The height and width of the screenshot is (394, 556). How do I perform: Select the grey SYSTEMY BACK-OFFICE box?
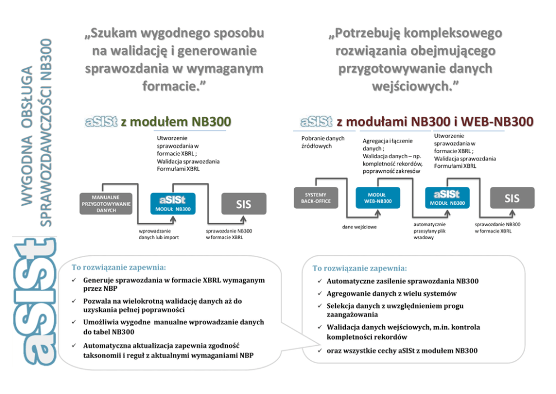coord(316,198)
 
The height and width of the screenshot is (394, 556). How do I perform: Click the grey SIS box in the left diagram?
coord(243,204)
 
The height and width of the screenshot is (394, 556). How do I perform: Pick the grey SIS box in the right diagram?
coord(512,198)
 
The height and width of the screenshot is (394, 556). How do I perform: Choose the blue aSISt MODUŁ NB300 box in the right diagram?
coord(447,198)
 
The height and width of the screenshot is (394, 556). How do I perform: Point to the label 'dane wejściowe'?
coord(359,227)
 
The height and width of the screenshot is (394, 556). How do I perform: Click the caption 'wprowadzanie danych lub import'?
coord(159,233)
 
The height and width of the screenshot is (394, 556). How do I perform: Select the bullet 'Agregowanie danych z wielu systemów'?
coord(391,294)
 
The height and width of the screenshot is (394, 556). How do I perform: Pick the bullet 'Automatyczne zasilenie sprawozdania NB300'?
coord(402,281)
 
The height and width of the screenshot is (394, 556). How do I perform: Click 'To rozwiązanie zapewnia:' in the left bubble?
coord(115,267)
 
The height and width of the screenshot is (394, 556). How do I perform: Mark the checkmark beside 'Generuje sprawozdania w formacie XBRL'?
coord(74,280)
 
